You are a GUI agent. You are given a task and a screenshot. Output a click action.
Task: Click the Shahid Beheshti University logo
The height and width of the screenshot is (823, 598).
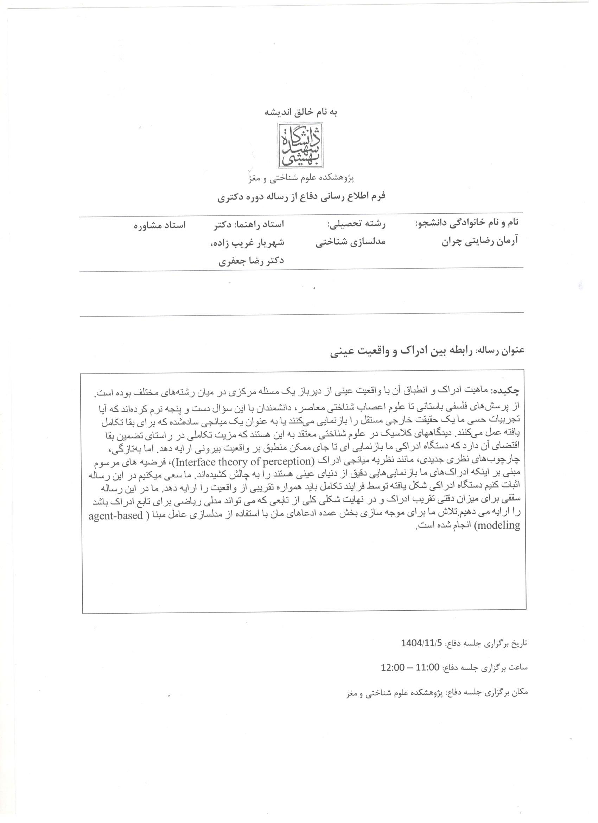click(x=300, y=145)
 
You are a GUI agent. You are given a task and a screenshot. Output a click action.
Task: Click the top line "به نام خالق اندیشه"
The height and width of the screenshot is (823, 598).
click(x=301, y=112)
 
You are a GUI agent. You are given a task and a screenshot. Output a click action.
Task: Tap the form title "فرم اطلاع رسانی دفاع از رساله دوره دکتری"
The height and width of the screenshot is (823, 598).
click(x=301, y=197)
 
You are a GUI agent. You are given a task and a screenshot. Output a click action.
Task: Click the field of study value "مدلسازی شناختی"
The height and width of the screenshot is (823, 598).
click(x=350, y=242)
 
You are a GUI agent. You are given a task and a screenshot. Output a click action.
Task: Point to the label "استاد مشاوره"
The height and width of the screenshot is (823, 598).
click(x=160, y=225)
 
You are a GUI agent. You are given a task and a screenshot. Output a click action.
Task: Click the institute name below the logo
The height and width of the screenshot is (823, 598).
click(x=301, y=178)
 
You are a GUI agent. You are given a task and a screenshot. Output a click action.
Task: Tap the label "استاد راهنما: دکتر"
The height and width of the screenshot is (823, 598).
click(x=251, y=224)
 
